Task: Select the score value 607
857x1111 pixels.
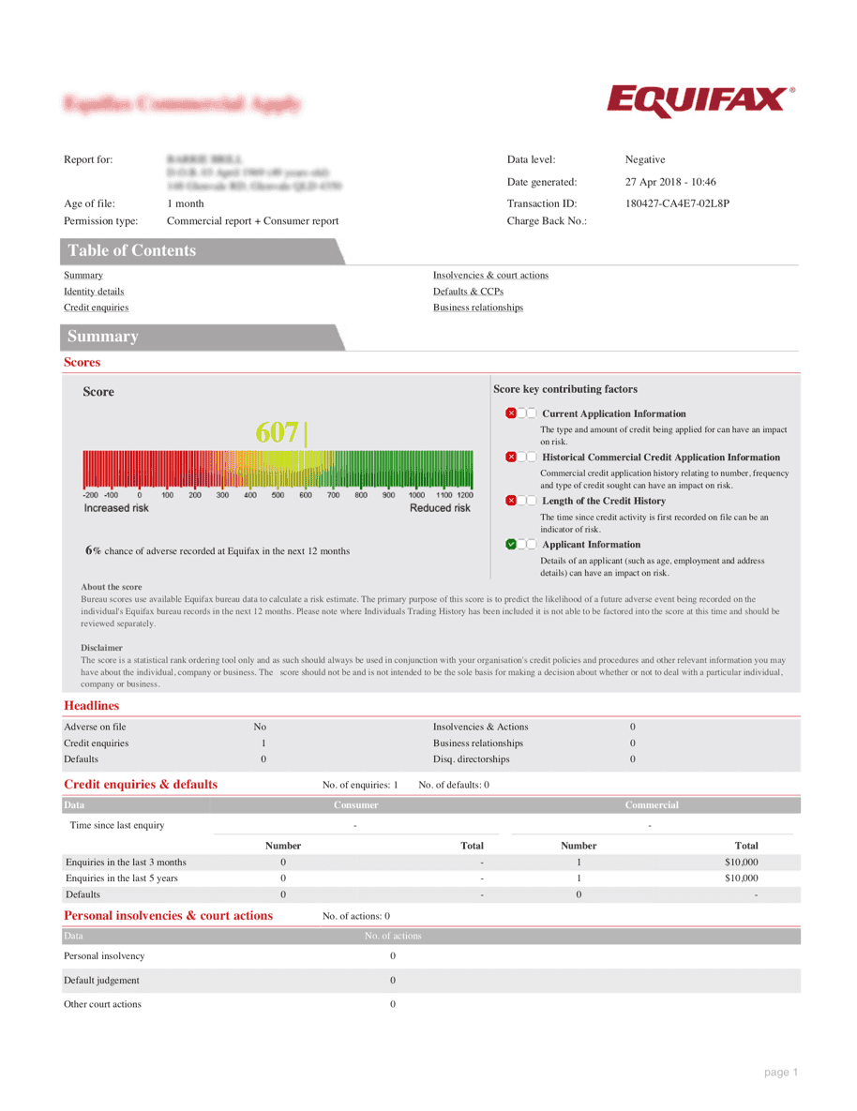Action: [278, 433]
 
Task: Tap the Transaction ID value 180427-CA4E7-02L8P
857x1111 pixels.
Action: [677, 203]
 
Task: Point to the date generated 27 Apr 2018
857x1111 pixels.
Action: [670, 182]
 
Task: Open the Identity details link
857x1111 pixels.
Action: [94, 292]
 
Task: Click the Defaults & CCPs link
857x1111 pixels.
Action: [468, 292]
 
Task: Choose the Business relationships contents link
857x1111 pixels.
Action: [478, 308]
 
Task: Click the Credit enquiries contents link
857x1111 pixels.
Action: [97, 308]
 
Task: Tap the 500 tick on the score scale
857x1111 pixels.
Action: [278, 495]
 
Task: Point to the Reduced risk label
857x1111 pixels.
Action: [440, 508]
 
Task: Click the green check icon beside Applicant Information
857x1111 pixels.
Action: [511, 544]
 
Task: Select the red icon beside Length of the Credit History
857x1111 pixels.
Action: [511, 501]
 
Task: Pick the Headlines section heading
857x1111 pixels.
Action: [92, 705]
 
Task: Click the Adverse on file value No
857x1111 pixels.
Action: [260, 727]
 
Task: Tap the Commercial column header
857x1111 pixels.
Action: [652, 805]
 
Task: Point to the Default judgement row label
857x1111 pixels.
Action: [101, 981]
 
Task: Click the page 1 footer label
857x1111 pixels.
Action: [780, 1073]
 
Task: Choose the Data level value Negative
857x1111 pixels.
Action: [645, 160]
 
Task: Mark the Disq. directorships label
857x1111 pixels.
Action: [472, 759]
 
